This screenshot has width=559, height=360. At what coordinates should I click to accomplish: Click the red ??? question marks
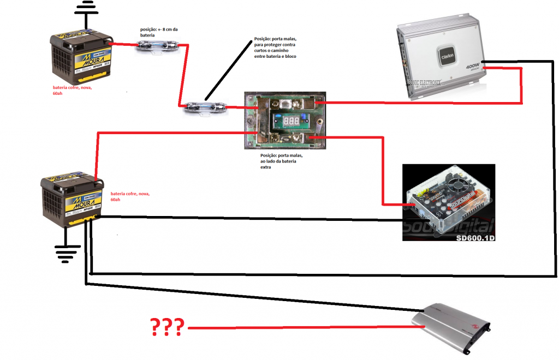pyautogui.click(x=167, y=327)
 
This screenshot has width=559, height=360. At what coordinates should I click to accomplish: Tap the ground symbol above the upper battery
pyautogui.click(x=84, y=11)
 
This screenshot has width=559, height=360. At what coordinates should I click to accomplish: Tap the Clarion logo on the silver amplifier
pyautogui.click(x=445, y=55)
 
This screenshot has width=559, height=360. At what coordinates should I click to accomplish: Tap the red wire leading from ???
pyautogui.click(x=300, y=328)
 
